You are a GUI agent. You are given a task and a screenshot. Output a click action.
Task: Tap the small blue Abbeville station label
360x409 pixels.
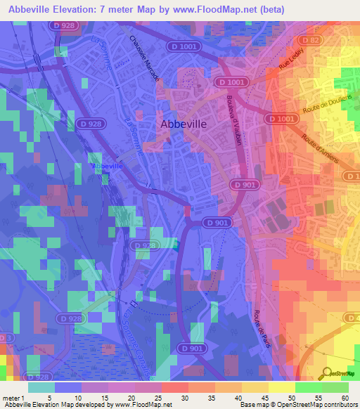[105, 165]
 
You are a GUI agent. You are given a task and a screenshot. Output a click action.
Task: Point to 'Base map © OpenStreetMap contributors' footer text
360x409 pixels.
[296, 404]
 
